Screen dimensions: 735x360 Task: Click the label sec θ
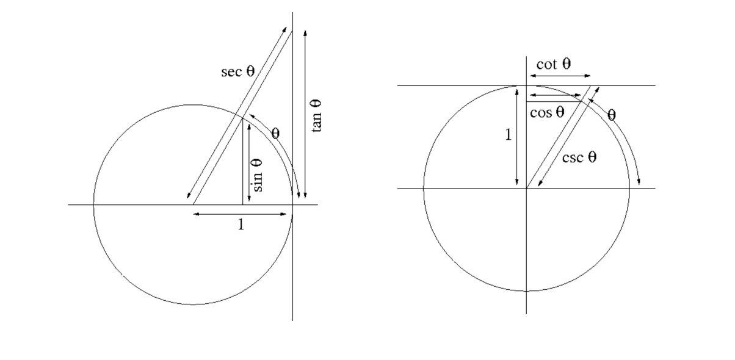238,71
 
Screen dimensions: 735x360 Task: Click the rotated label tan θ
316,116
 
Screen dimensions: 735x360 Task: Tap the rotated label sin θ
256,175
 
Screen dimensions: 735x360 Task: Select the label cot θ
554,64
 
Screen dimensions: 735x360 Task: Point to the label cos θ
547,112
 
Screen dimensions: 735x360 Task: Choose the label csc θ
579,157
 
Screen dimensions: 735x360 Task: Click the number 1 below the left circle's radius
241,225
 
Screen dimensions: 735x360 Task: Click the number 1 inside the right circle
508,135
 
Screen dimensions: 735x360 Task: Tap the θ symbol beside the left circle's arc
275,134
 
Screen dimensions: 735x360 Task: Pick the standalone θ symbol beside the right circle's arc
612,115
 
